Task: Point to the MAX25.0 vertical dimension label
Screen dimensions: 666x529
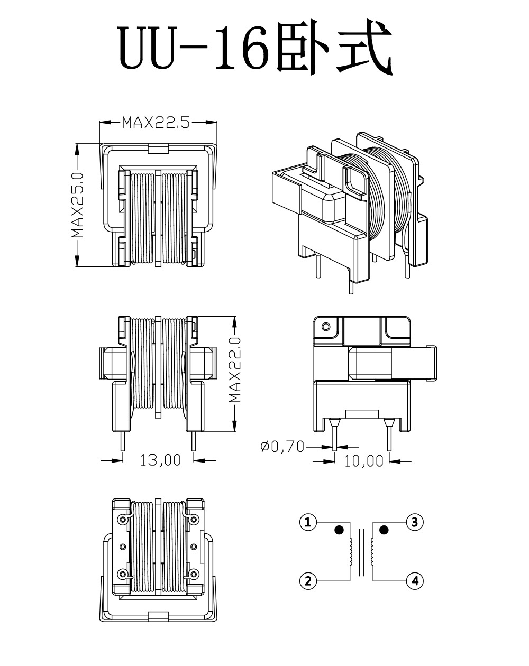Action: pyautogui.click(x=78, y=205)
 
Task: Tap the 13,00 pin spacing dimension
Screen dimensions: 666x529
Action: pyautogui.click(x=160, y=460)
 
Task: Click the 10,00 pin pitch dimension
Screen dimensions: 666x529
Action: pyautogui.click(x=363, y=461)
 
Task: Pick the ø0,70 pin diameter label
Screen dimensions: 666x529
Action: pyautogui.click(x=282, y=447)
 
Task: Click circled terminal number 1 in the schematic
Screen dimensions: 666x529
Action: pyautogui.click(x=307, y=523)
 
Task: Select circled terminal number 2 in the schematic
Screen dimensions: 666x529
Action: pyautogui.click(x=307, y=581)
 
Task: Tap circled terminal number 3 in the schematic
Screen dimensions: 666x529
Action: pyautogui.click(x=415, y=523)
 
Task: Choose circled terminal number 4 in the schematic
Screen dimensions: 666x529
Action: pyautogui.click(x=415, y=581)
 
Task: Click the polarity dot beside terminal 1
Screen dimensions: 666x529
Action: pyautogui.click(x=339, y=530)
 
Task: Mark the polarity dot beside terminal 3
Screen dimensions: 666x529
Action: pyautogui.click(x=384, y=530)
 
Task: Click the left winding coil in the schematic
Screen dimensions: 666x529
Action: pyautogui.click(x=350, y=552)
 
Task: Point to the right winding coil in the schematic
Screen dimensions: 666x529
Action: pyautogui.click(x=373, y=552)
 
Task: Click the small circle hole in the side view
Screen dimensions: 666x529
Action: pyautogui.click(x=326, y=327)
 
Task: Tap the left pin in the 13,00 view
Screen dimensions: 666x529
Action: pyautogui.click(x=123, y=441)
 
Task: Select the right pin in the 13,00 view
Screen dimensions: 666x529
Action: pyautogui.click(x=195, y=441)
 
